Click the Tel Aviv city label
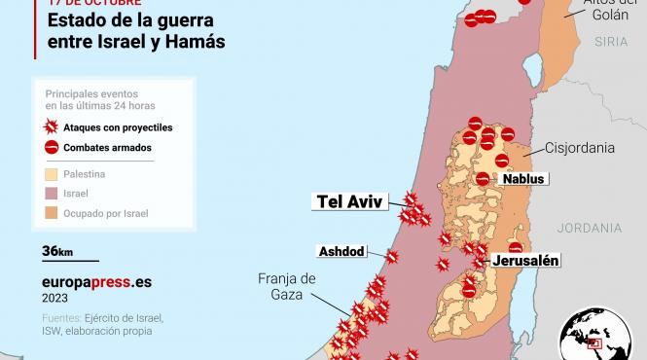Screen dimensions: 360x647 (x=350, y=201)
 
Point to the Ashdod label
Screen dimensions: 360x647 (x=341, y=252)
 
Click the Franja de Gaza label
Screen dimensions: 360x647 (x=287, y=287)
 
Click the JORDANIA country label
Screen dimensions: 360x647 (x=590, y=228)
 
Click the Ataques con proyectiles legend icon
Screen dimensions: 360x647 (x=53, y=127)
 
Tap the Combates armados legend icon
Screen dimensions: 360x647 (x=53, y=148)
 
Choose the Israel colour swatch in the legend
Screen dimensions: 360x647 (x=53, y=193)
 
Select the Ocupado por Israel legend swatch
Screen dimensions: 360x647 (x=53, y=212)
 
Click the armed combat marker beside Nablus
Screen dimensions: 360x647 (x=484, y=178)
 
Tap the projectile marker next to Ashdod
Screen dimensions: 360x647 (x=391, y=257)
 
